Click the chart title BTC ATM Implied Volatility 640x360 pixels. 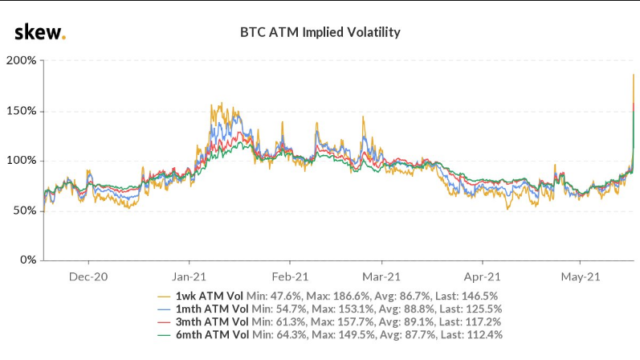pyautogui.click(x=320, y=33)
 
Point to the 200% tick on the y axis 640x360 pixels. pyautogui.click(x=21, y=61)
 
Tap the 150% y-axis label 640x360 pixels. pyautogui.click(x=21, y=111)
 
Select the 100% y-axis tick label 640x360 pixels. pyautogui.click(x=21, y=161)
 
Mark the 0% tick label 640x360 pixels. pyautogui.click(x=26, y=260)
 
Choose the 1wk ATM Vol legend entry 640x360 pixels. pyautogui.click(x=212, y=296)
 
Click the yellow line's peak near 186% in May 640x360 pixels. pyautogui.click(x=634, y=75)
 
